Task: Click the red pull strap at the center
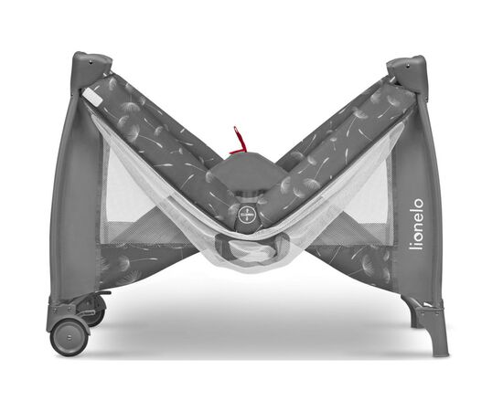click(238, 142)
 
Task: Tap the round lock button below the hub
click(247, 213)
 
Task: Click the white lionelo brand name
click(418, 224)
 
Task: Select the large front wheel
click(69, 337)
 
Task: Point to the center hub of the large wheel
click(70, 337)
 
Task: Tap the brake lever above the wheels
click(102, 293)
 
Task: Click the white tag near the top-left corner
click(92, 97)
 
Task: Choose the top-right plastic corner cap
click(408, 69)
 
